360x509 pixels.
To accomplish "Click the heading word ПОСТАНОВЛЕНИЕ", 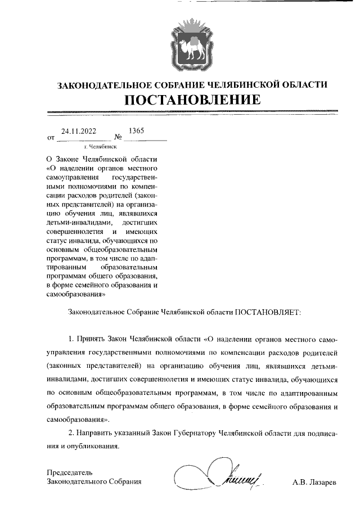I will (192, 100).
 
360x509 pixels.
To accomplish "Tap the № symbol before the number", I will (119, 137).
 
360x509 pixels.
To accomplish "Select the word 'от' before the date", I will (51, 137).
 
